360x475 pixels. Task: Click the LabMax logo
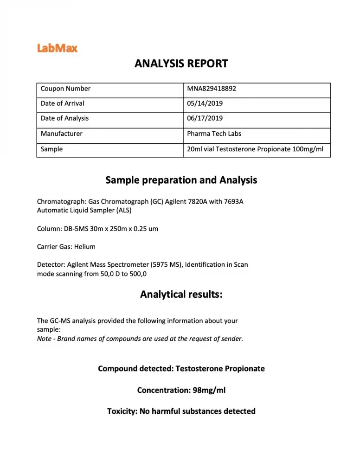pyautogui.click(x=57, y=48)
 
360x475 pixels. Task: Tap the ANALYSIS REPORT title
pyautogui.click(x=181, y=64)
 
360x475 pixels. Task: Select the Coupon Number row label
pyautogui.click(x=65, y=89)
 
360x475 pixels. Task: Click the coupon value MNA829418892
pyautogui.click(x=212, y=89)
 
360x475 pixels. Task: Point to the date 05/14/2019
pyautogui.click(x=205, y=103)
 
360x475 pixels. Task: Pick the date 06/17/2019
pyautogui.click(x=205, y=118)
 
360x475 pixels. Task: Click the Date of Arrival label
pyautogui.click(x=62, y=103)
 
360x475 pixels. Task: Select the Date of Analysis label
pyautogui.click(x=64, y=118)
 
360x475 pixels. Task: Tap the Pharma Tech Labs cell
pyautogui.click(x=214, y=134)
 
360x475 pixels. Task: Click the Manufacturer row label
pyautogui.click(x=61, y=134)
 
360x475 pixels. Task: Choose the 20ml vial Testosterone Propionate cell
pyautogui.click(x=255, y=149)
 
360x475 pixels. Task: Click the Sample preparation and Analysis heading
pyautogui.click(x=181, y=180)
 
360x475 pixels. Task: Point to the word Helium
pyautogui.click(x=85, y=247)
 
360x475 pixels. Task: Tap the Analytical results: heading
pyautogui.click(x=181, y=295)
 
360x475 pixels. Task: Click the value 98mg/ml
pyautogui.click(x=209, y=390)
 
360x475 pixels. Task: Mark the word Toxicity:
pyautogui.click(x=122, y=411)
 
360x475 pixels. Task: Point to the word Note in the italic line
pyautogui.click(x=45, y=339)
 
